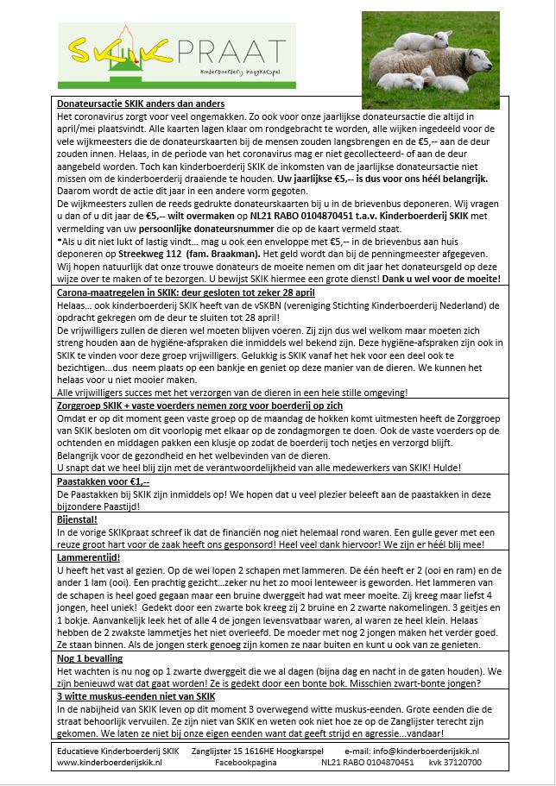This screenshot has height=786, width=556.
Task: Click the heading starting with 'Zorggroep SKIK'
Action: (x=199, y=406)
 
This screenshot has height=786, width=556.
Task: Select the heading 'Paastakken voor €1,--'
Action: (x=103, y=481)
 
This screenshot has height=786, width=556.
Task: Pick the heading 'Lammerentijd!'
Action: (x=89, y=558)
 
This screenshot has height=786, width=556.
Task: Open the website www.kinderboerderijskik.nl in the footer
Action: (x=110, y=764)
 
